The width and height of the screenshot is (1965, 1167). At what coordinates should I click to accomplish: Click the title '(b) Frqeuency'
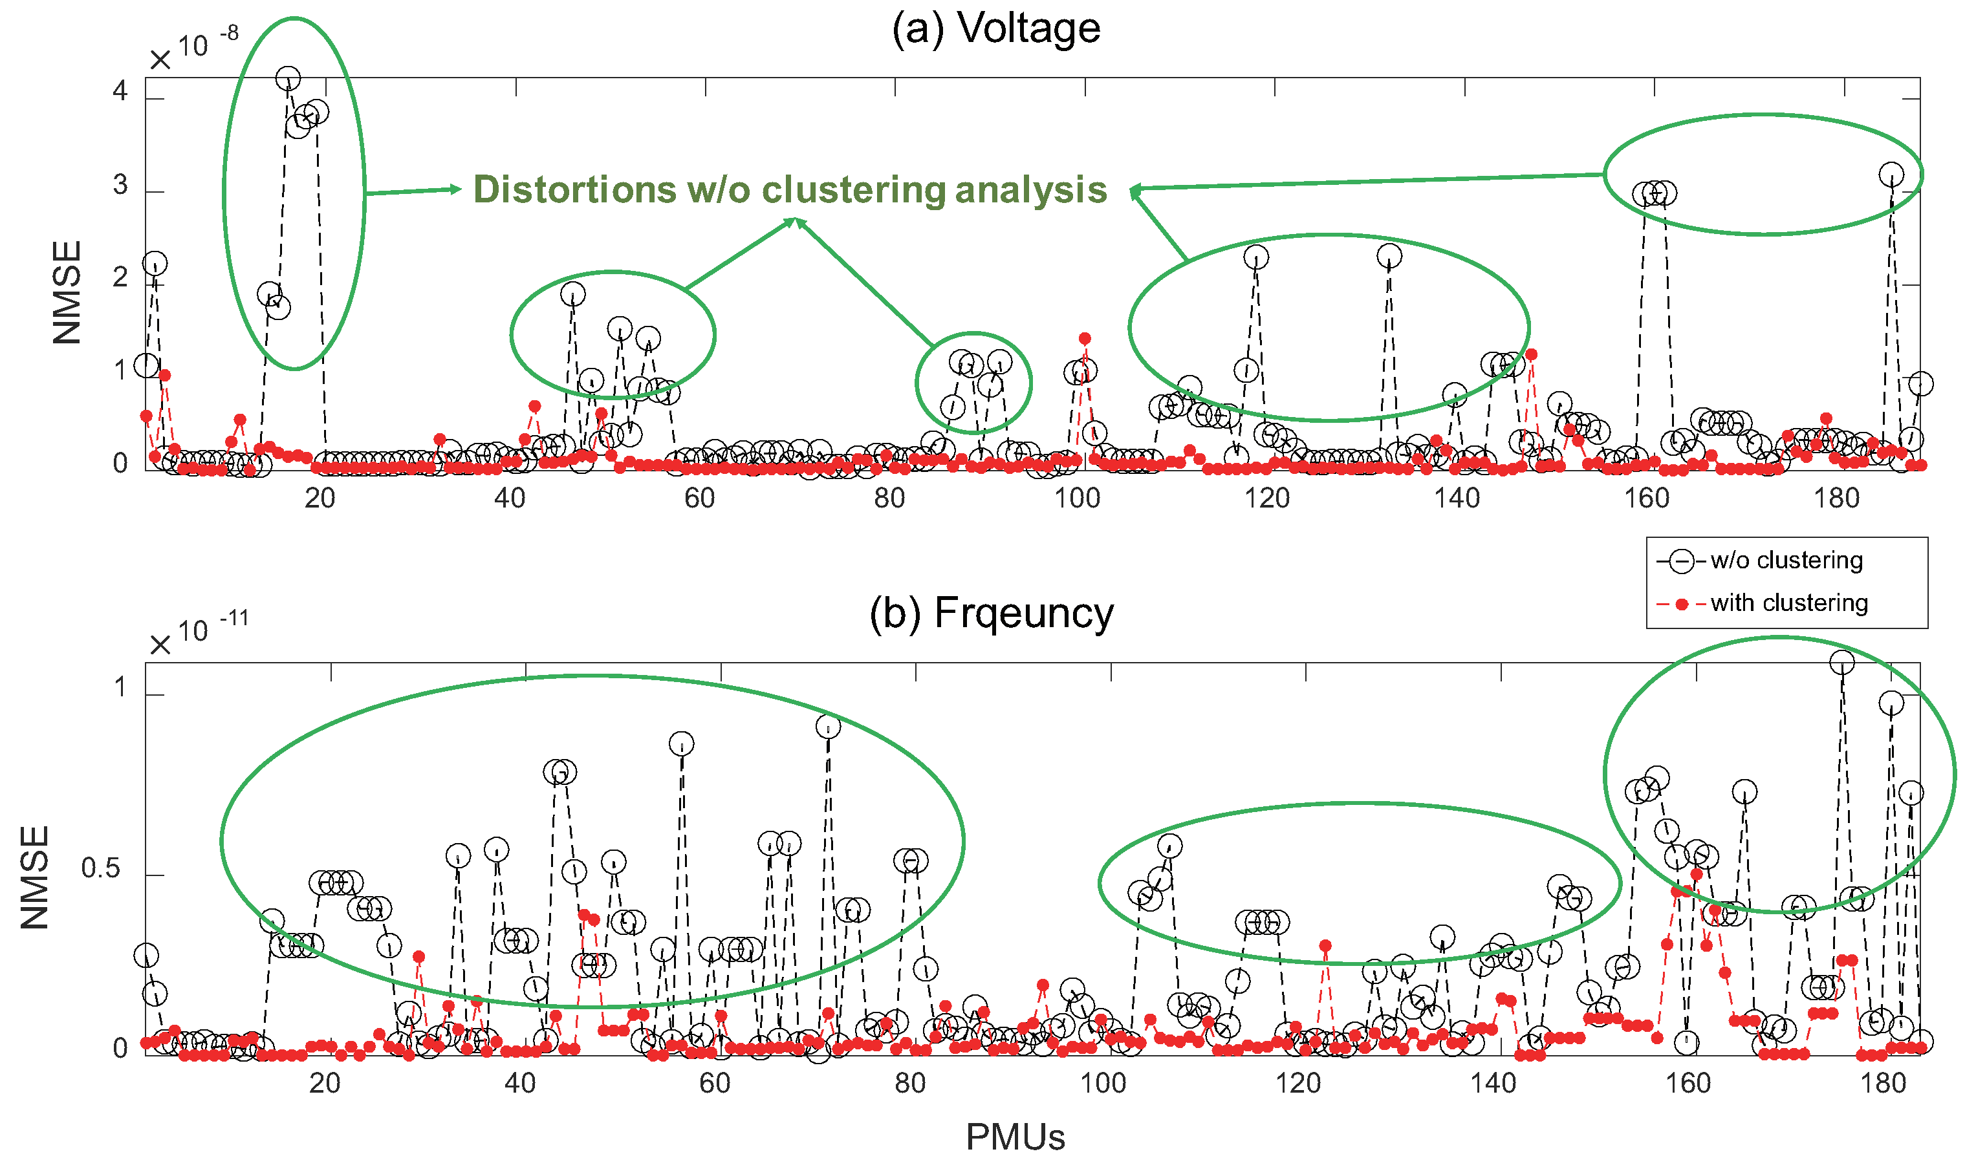[x=991, y=614]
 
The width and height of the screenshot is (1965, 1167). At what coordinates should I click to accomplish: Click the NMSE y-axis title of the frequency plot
[x=36, y=877]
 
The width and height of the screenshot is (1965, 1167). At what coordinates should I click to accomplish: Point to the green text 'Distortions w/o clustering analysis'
[x=790, y=189]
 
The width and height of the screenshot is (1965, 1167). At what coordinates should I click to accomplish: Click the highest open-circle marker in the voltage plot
[x=288, y=79]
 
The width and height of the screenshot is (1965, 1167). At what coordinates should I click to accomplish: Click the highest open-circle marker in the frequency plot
[x=1841, y=663]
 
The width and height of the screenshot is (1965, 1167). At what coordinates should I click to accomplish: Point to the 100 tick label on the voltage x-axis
[x=1077, y=498]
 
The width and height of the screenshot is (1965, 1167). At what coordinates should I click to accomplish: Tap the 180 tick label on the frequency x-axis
[x=1882, y=1084]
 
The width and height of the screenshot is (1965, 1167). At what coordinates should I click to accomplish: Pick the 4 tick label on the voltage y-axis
[x=120, y=92]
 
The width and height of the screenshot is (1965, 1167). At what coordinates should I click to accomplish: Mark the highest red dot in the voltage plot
[x=1085, y=339]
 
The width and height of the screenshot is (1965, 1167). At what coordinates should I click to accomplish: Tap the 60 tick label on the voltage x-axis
[x=699, y=498]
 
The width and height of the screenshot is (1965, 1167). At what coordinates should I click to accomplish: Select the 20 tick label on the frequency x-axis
[x=324, y=1084]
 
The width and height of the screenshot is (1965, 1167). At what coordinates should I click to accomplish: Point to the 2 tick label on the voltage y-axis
[x=120, y=277]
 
